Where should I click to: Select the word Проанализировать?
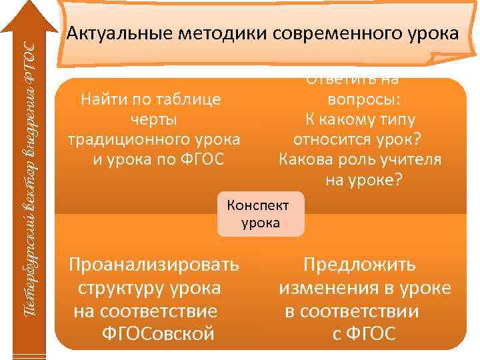(x=154, y=265)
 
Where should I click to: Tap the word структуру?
(x=121, y=288)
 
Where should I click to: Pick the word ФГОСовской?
(x=158, y=333)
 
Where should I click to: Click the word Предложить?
(x=360, y=265)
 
